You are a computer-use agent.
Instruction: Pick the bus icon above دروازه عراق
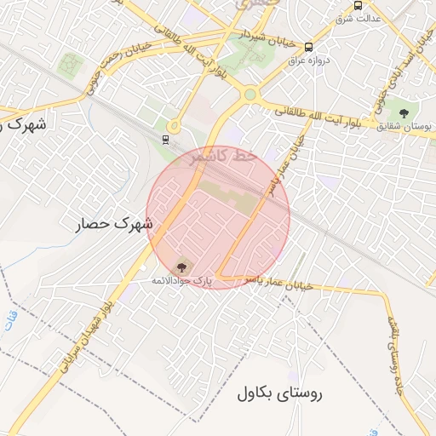click(x=308, y=48)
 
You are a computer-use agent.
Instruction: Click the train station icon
click(x=164, y=139)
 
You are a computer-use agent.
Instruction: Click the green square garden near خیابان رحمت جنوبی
click(x=70, y=64)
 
